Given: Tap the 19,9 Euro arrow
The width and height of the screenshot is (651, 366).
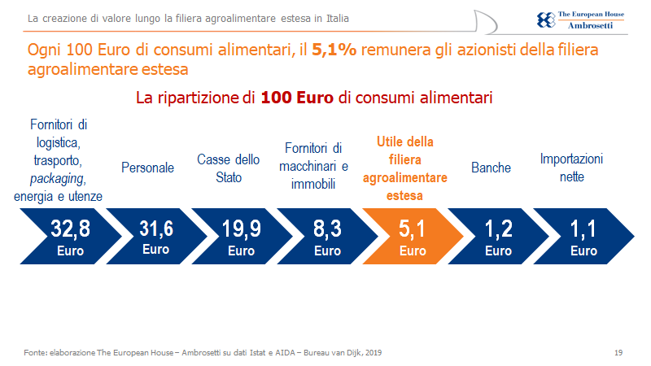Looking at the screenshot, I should pyautogui.click(x=241, y=237).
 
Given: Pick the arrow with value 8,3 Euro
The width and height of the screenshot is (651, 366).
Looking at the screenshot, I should pyautogui.click(x=326, y=237).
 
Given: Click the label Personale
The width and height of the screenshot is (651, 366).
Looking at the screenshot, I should pyautogui.click(x=147, y=168).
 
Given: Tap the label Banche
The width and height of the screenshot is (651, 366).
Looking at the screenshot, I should pyautogui.click(x=491, y=168).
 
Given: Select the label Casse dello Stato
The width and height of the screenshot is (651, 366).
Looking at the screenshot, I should pyautogui.click(x=229, y=168).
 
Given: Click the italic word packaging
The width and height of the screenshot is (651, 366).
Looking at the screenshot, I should pyautogui.click(x=58, y=178).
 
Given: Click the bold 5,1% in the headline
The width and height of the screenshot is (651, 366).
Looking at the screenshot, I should pyautogui.click(x=331, y=50).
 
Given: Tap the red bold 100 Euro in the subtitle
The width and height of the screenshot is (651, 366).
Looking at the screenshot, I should pyautogui.click(x=298, y=98).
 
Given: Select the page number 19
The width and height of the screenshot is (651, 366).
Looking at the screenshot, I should pyautogui.click(x=618, y=352).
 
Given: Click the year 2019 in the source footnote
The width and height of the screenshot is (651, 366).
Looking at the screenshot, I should pyautogui.click(x=373, y=352).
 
